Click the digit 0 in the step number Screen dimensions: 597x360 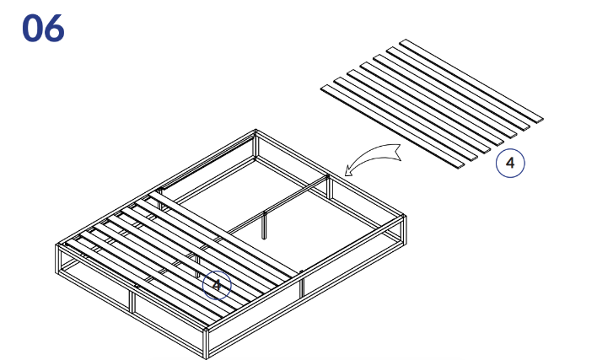point(32,28)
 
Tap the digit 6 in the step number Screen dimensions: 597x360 point(55,28)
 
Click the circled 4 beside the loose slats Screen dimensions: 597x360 point(510,163)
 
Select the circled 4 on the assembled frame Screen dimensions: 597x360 point(217,285)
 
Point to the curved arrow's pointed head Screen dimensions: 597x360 point(347,172)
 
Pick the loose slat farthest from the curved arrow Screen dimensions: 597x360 point(471,81)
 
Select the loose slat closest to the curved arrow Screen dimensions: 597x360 point(393,126)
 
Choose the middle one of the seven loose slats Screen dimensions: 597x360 point(432,104)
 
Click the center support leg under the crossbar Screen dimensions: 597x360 point(264,225)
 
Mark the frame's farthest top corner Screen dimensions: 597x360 point(255,132)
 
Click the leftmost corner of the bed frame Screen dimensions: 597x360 point(57,246)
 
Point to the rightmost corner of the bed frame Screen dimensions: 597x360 point(404,217)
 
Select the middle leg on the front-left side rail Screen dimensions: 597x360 point(133,301)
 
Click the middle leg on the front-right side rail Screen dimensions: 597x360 point(302,283)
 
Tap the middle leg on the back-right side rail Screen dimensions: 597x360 point(330,187)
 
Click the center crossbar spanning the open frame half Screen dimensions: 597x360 point(278,205)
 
